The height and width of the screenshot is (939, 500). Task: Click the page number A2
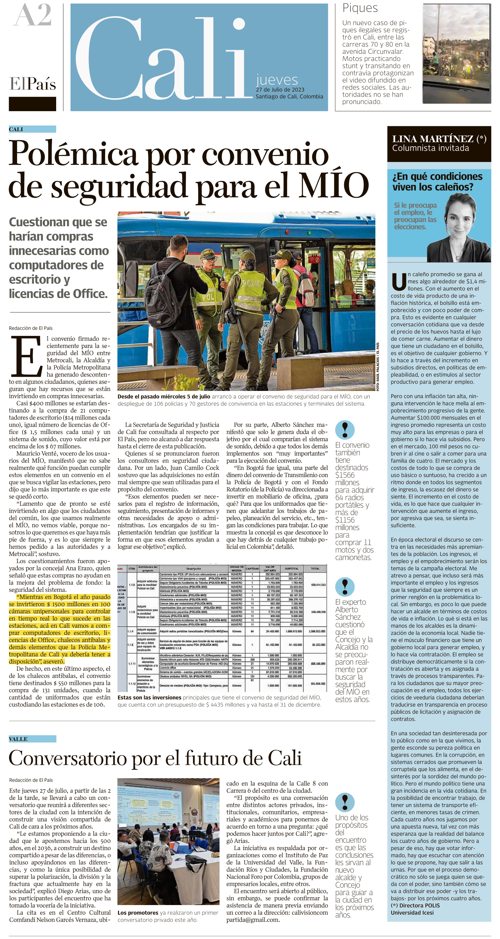32,15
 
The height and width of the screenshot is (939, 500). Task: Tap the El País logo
32,84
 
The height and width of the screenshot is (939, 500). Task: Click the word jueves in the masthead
277,80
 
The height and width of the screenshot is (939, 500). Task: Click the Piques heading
360,8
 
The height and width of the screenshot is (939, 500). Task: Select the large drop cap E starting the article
26,356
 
